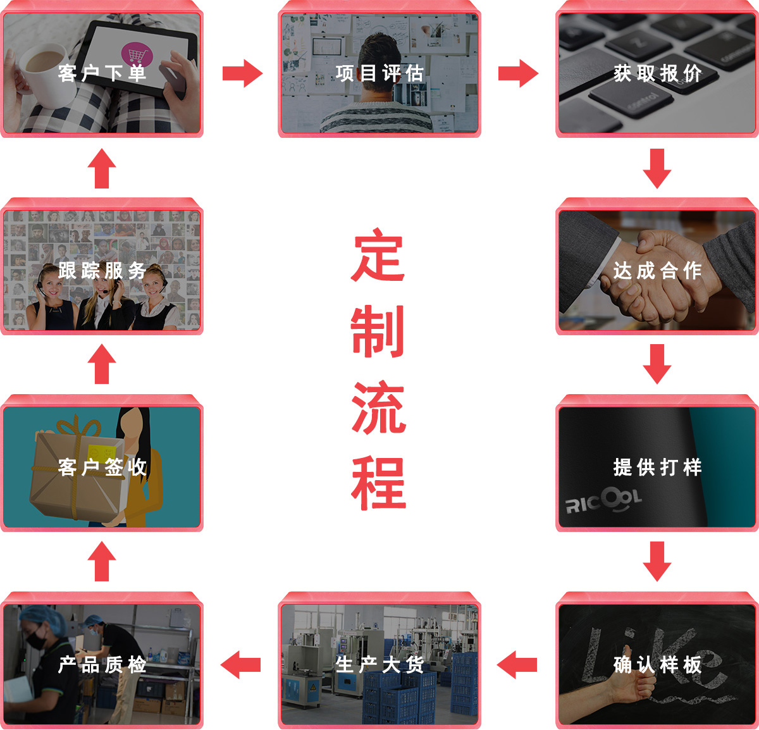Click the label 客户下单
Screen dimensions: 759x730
click(x=102, y=73)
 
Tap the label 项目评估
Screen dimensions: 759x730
click(x=379, y=73)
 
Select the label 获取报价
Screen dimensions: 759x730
click(x=657, y=73)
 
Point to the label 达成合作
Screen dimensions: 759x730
click(x=657, y=271)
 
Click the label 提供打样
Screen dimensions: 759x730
click(x=657, y=467)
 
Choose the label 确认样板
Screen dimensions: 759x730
click(x=657, y=665)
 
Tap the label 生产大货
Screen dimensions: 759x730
click(x=379, y=665)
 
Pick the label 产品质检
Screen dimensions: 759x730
click(x=102, y=665)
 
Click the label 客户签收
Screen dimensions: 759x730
click(x=102, y=467)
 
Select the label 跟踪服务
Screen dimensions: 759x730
click(x=102, y=271)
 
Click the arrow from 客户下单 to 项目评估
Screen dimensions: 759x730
click(x=243, y=73)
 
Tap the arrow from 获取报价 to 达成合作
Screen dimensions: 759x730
click(x=657, y=168)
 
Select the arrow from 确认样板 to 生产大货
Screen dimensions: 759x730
click(x=517, y=665)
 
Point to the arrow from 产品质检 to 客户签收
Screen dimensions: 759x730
click(x=102, y=561)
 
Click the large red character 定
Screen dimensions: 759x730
click(x=378, y=255)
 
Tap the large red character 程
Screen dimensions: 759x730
click(x=378, y=483)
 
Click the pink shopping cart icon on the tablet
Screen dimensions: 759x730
click(x=137, y=54)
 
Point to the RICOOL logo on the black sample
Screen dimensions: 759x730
click(x=603, y=500)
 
